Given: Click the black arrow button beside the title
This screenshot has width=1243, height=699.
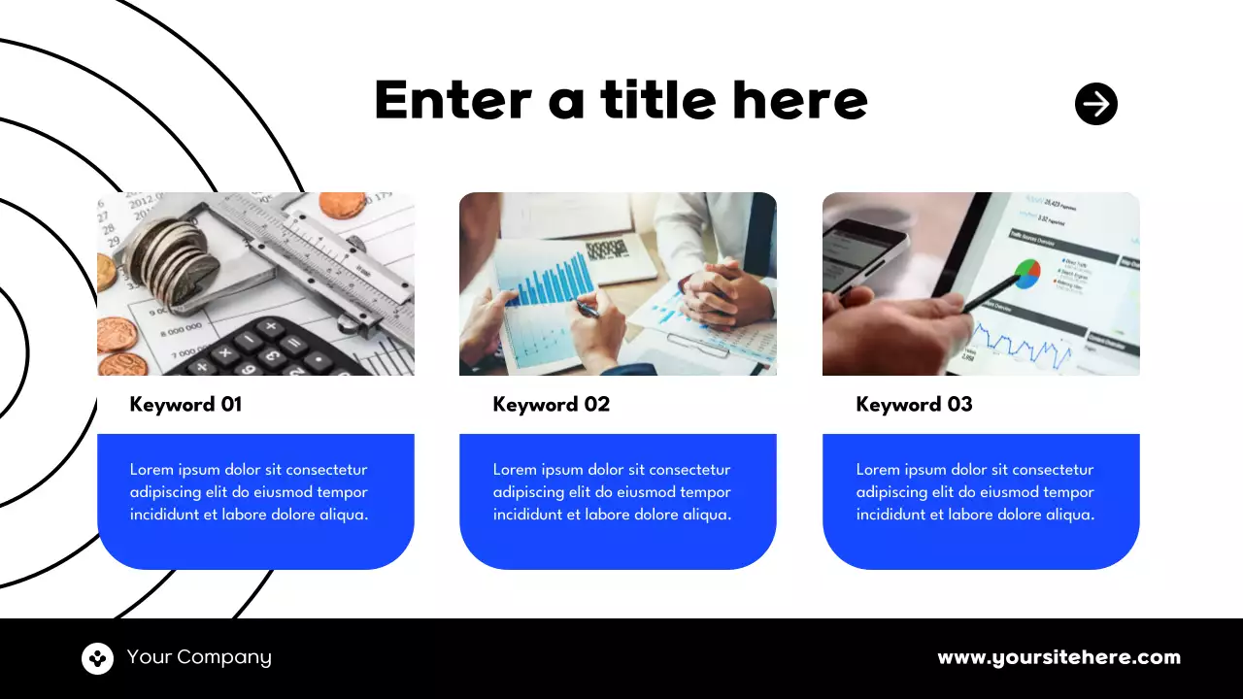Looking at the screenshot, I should pos(1096,104).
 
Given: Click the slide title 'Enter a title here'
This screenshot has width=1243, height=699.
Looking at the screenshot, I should pos(621,100).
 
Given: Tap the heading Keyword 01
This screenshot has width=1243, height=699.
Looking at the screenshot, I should pos(185,405).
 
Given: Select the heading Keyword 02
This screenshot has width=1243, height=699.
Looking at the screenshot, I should pos(551,405).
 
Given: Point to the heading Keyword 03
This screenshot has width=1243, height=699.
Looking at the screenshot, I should pos(914,405).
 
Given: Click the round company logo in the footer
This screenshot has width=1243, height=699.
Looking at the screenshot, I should pos(97,658).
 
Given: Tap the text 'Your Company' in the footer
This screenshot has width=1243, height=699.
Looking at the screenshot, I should pos(199,657).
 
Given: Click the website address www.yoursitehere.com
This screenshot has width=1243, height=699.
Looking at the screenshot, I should pos(1058,657).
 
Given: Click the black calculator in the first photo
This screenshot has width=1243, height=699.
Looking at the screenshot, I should pos(272,349).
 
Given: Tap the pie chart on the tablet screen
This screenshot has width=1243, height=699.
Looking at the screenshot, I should pos(1026,274).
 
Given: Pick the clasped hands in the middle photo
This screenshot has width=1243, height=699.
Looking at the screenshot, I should pos(716,291).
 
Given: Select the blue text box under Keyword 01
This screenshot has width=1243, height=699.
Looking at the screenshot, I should pos(255,501).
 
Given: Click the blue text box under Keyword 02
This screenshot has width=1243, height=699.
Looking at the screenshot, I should pos(618,501).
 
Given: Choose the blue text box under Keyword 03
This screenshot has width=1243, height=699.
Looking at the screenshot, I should pos(981,501).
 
